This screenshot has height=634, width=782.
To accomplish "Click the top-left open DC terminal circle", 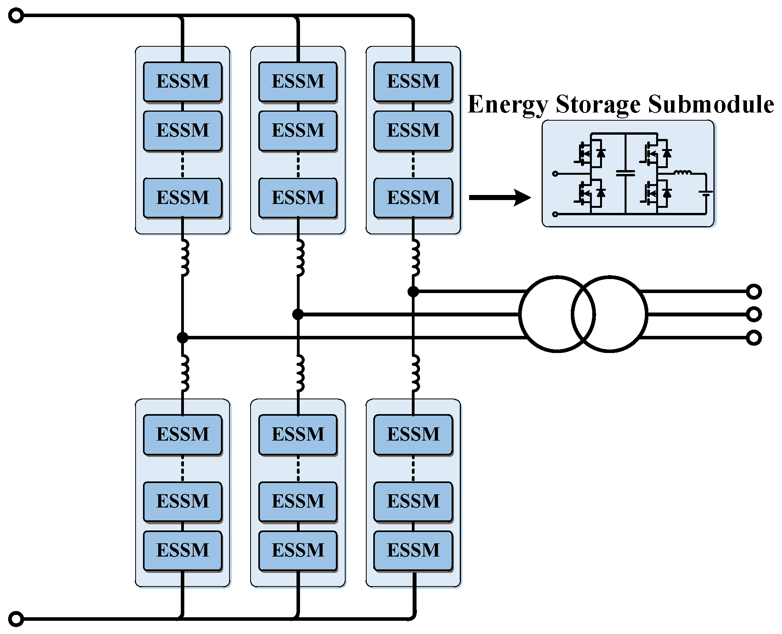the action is [16, 16].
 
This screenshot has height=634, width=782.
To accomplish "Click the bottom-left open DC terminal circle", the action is [16, 619].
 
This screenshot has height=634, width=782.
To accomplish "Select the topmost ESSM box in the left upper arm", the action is [183, 82].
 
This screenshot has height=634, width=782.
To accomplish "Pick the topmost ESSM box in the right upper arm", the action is [413, 82].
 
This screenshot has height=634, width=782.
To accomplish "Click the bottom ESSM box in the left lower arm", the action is [183, 551].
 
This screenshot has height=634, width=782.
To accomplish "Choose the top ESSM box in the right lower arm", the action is [413, 434].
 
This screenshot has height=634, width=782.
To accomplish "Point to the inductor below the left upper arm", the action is [184, 257].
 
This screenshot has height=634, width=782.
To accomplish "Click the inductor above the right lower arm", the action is [415, 373].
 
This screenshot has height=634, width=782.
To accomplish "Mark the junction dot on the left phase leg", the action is [182, 337].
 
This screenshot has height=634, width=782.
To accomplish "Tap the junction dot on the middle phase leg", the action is [298, 314].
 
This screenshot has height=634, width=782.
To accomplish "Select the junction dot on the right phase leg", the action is [413, 291].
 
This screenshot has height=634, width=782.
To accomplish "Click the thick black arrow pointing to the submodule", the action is [500, 198].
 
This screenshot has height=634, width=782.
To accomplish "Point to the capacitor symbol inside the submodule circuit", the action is [625, 173].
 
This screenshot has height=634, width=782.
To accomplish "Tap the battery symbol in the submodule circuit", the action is [706, 193].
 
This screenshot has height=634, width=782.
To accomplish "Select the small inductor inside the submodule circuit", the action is [683, 172].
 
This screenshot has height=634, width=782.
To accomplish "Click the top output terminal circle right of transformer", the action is [754, 292].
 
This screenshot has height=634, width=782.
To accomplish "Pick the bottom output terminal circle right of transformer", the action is [754, 338].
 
